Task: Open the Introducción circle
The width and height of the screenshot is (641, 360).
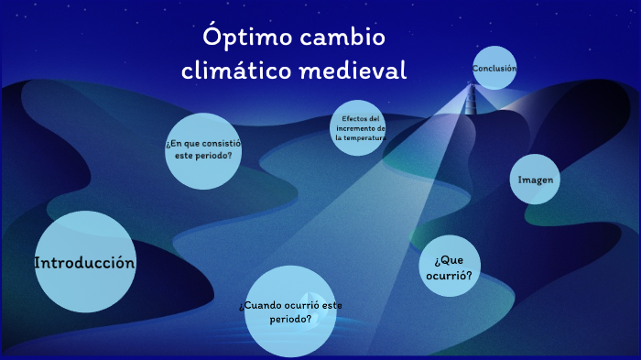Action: (x=84, y=263)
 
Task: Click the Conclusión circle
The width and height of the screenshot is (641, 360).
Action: (x=495, y=68)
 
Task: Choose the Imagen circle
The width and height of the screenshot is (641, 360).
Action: (x=536, y=180)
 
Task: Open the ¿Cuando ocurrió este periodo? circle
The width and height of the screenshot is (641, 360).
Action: (x=290, y=311)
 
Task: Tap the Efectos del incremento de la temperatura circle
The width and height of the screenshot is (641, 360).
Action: (x=358, y=127)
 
